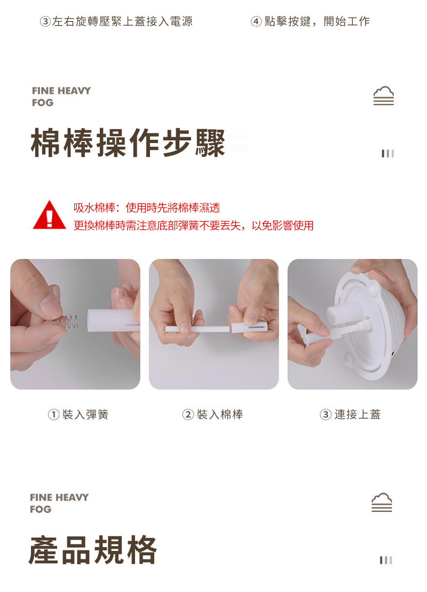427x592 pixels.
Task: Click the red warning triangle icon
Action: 50,216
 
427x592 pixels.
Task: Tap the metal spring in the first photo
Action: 66,322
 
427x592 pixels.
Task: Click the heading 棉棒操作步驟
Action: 128,143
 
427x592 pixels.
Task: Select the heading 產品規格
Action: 93,550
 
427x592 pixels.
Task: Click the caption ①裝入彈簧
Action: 78,415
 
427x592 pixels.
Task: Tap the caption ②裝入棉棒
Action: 213,415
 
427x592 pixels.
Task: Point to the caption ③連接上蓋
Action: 350,415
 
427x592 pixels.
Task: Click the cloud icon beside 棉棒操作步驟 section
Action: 384,96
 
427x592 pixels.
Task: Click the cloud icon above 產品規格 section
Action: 382,502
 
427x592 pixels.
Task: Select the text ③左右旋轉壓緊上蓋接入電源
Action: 116,21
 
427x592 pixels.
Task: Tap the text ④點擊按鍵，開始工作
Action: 310,21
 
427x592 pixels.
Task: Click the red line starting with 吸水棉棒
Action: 147,208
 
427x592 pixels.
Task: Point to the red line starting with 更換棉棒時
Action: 194,225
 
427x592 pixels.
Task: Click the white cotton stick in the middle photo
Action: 197,329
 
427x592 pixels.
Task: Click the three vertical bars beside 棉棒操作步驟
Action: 388,154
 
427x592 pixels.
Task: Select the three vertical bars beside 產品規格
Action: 386,561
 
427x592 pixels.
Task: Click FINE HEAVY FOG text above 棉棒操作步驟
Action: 61,97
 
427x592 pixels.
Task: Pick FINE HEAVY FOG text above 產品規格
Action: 59,503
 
